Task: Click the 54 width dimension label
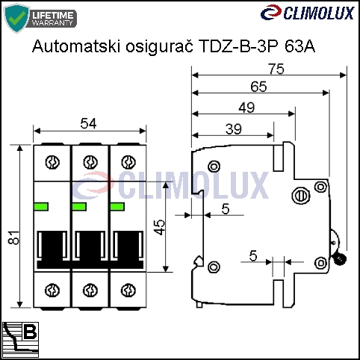88,123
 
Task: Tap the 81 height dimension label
14,238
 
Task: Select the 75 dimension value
276,69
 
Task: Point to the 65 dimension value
258,87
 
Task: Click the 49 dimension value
246,108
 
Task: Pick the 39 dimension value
234,129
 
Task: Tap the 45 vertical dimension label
160,227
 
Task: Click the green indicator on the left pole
41,207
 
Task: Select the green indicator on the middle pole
79,207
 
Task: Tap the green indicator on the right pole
117,207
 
